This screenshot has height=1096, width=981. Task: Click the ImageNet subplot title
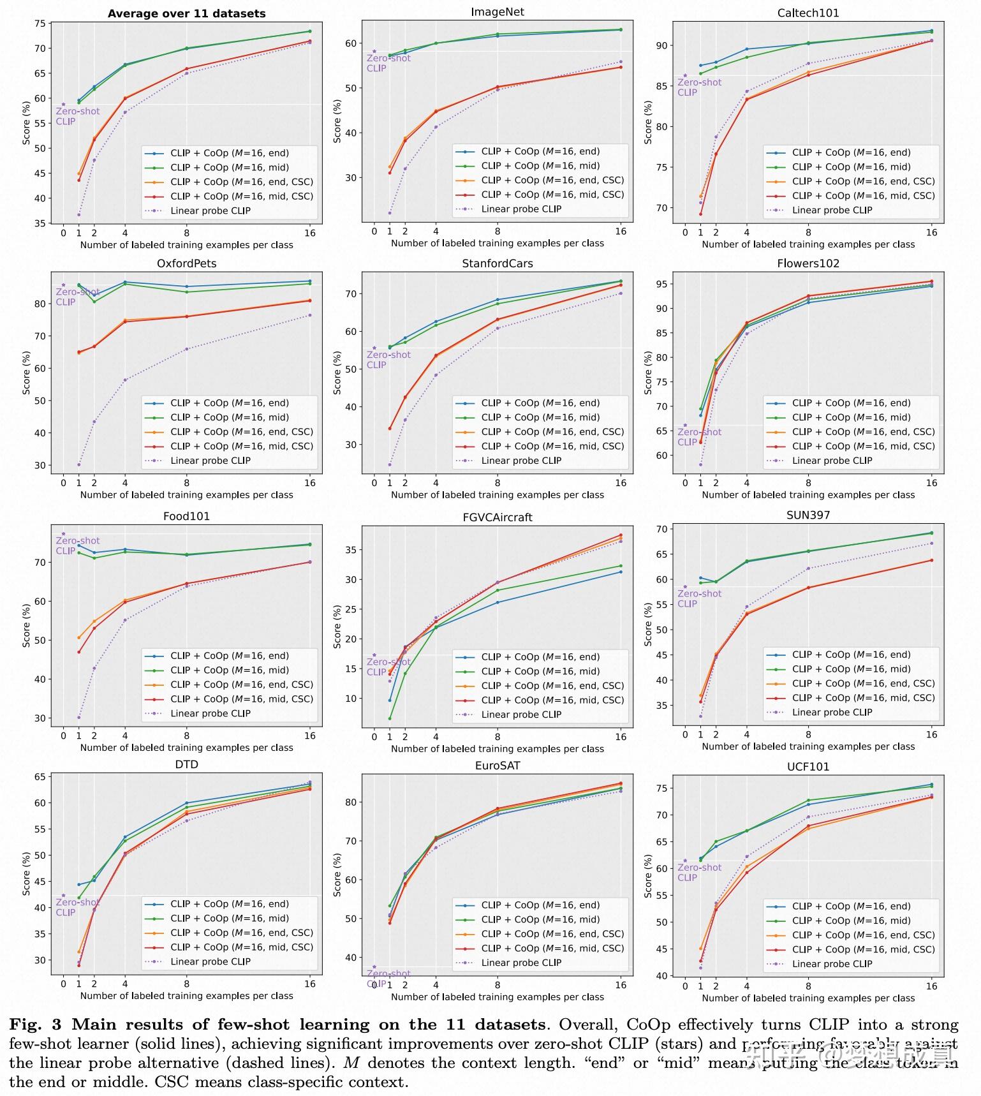coord(497,12)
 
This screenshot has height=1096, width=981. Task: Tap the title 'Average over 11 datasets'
coord(186,13)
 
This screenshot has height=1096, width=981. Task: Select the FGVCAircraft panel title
coord(497,517)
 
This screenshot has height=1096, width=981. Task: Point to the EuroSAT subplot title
coord(497,766)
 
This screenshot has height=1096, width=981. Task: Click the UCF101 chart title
coord(808,767)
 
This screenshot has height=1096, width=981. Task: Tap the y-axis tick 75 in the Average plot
coord(40,24)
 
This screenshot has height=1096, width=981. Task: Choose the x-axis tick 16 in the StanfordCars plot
coord(620,483)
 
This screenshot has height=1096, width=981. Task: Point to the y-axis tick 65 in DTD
coord(40,777)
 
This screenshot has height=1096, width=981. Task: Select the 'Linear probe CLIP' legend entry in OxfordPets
coord(210,461)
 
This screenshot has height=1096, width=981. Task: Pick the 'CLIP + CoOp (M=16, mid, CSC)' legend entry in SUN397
coord(863,698)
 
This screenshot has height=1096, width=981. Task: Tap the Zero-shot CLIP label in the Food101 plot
coord(77,545)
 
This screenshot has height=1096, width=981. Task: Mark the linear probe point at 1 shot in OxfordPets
coord(79,464)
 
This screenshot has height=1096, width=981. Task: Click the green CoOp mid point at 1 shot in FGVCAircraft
coord(390,718)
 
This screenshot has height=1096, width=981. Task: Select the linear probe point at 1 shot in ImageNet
coord(390,213)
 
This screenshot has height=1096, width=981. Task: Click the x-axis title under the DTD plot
coord(186,996)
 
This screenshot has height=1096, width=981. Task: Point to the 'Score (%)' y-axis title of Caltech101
coord(647,122)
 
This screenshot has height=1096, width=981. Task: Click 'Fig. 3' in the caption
coord(35,1025)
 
